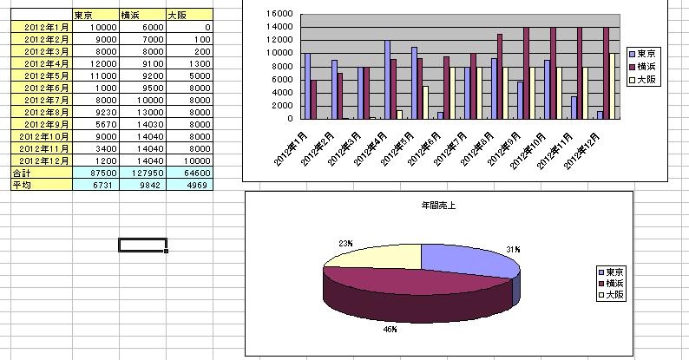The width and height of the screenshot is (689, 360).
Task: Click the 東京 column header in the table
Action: [x=84, y=16]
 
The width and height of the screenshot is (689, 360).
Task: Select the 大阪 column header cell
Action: [x=200, y=16]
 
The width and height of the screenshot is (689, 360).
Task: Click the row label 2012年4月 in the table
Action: [x=42, y=63]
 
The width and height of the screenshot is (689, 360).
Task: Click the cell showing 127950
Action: [x=142, y=173]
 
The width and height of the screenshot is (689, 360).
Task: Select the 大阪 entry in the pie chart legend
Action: [x=615, y=295]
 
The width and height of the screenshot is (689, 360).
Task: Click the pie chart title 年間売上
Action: [x=434, y=206]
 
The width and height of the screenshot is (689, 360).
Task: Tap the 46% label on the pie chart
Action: [x=392, y=330]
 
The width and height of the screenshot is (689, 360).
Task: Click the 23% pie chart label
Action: [x=346, y=244]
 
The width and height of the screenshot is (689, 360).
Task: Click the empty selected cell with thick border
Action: [x=142, y=245]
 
